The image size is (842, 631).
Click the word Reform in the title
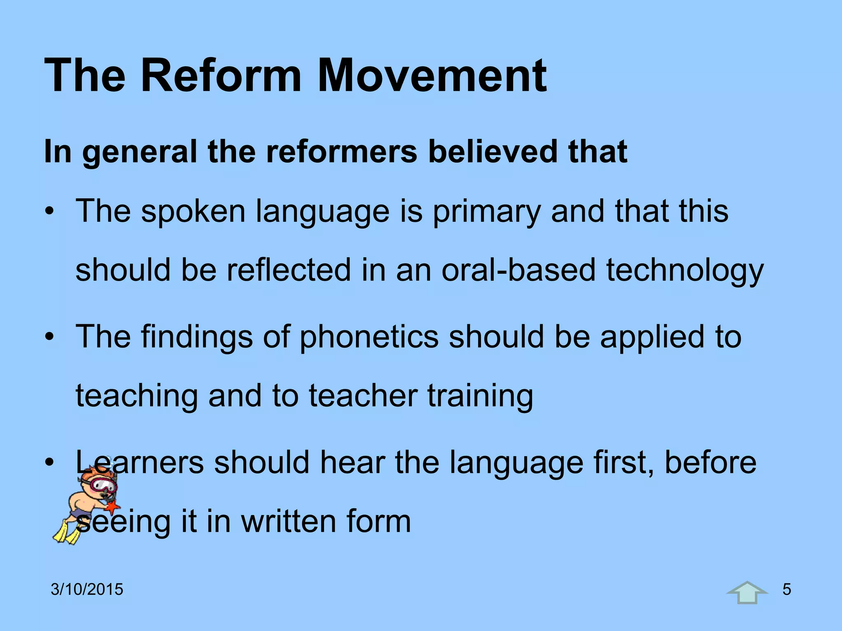(221, 76)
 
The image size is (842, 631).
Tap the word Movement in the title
(432, 76)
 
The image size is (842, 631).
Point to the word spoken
(193, 212)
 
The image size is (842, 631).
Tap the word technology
(685, 271)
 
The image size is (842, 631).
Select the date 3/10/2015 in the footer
(87, 590)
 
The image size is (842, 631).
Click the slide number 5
(786, 590)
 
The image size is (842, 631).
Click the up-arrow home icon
(747, 593)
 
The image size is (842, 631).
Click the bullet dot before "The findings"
(50, 337)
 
